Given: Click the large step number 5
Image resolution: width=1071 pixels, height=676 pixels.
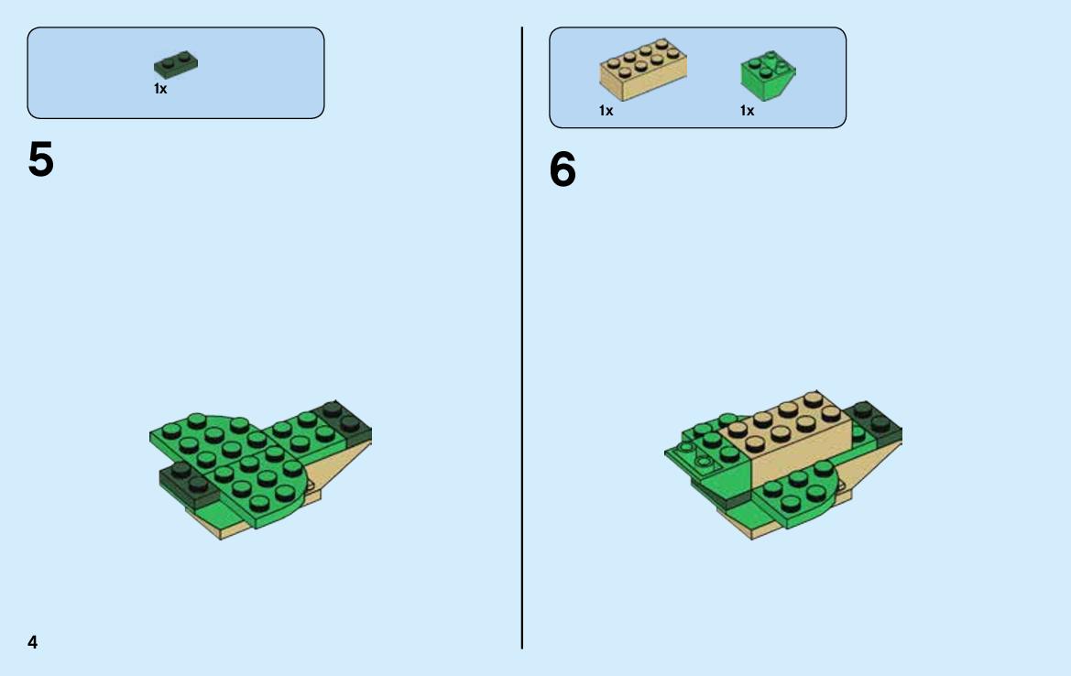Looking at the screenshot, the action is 41,159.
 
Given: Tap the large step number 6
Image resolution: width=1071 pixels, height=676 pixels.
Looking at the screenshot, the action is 563,169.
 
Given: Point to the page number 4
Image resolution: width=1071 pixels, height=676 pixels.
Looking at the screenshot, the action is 33,642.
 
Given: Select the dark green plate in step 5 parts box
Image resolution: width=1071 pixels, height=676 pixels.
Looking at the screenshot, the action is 176,65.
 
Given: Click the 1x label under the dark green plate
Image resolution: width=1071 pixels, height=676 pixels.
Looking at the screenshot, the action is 160,89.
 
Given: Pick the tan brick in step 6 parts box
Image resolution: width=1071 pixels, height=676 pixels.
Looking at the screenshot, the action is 643,69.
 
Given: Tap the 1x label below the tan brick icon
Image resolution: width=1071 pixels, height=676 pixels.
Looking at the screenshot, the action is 606,111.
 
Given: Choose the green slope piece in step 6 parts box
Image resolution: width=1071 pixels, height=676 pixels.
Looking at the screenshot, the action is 768,75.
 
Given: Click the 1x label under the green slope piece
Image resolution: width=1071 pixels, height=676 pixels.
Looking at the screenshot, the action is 748,111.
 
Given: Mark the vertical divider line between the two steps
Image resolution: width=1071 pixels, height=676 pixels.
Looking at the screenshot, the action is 522,338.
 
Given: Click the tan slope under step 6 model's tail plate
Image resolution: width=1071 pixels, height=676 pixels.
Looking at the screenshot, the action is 869,464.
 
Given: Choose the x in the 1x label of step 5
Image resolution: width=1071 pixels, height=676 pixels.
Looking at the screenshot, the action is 163,90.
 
